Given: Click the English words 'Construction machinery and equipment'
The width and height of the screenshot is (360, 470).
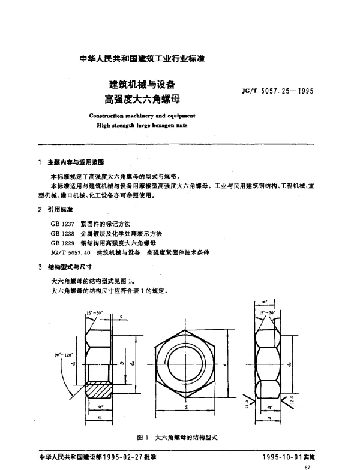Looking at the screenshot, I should point(142,117).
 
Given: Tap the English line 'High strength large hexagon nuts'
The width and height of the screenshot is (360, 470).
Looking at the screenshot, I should point(142,126).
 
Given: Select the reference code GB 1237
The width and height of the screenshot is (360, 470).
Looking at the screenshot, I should point(63,224).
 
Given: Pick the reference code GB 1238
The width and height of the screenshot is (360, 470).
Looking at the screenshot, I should point(63,233).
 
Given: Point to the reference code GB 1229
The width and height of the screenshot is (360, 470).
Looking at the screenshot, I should point(63,243).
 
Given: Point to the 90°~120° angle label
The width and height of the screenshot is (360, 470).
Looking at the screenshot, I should point(63,355).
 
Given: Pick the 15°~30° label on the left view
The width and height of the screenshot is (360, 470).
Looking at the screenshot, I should point(94,313).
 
